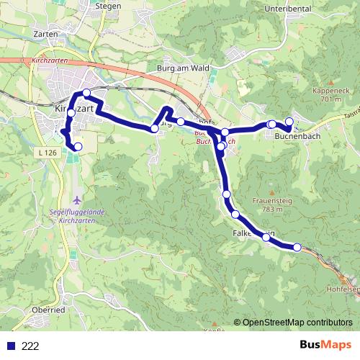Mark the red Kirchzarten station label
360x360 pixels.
[x=50, y=63]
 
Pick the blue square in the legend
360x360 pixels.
[x=11, y=346]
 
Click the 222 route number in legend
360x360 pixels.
[x=30, y=346]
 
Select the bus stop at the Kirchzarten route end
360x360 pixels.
[x=78, y=147]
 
